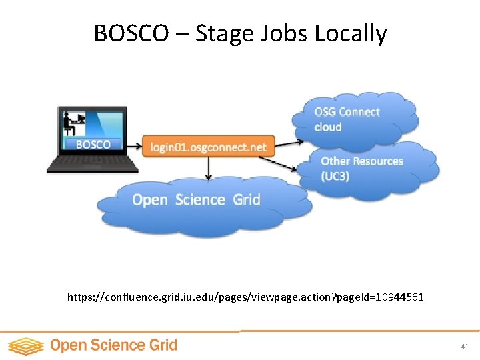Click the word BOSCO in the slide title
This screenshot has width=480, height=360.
click(131, 33)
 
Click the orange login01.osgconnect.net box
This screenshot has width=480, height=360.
click(208, 147)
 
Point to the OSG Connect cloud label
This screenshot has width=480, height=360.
click(347, 119)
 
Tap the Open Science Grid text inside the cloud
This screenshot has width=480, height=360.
click(196, 199)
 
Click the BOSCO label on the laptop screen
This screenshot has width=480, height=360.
click(93, 144)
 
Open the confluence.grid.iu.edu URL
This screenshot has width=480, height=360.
click(245, 297)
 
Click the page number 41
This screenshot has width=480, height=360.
click(465, 347)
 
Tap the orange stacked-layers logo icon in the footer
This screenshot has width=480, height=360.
click(25, 346)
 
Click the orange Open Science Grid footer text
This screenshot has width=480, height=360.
click(113, 345)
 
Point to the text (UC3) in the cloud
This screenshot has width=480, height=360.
click(335, 176)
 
